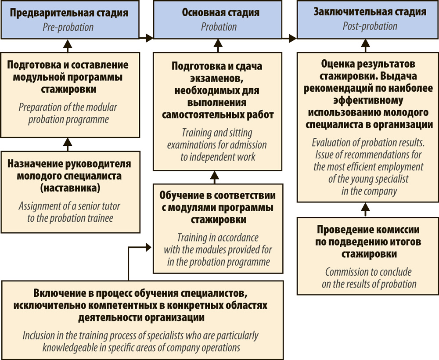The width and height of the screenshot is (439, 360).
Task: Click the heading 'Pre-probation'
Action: (68, 27)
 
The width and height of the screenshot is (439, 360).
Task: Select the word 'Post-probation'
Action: (370, 26)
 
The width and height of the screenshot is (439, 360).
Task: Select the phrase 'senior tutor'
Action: (98, 205)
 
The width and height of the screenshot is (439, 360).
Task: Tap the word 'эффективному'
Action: (370, 100)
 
